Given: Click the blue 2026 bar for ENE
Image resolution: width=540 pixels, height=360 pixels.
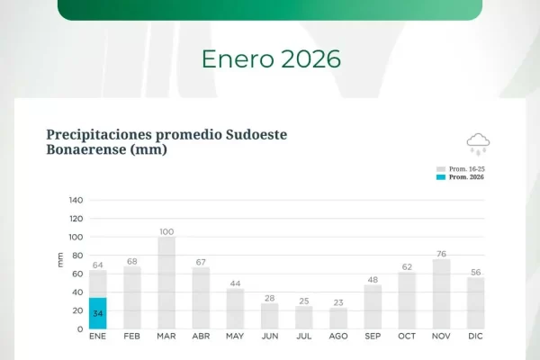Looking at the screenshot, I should click(x=97, y=313).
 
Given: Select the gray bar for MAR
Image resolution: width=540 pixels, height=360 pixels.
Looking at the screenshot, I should click(x=166, y=283).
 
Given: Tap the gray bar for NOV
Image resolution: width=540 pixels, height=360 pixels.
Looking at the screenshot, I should click(x=442, y=294).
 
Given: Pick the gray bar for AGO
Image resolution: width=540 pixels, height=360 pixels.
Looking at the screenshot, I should click(x=338, y=319).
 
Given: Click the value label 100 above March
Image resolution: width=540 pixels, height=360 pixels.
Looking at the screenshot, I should click(x=166, y=231).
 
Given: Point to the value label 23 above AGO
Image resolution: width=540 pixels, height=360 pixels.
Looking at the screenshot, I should click(x=338, y=302).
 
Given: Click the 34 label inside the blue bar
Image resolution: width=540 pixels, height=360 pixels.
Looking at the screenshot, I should click(x=97, y=313).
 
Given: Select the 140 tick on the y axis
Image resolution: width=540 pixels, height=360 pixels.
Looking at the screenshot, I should click(x=76, y=200).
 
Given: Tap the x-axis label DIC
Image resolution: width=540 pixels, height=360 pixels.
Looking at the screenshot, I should click(x=476, y=337).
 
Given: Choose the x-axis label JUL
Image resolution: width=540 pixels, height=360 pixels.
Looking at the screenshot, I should click(x=304, y=337).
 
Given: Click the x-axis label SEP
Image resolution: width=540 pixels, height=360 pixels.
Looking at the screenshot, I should click(x=373, y=337).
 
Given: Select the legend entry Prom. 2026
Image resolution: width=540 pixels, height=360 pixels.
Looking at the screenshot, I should click(x=465, y=177).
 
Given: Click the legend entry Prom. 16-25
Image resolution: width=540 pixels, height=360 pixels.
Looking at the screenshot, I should click(x=465, y=169).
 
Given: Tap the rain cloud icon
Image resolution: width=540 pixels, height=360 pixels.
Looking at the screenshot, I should click(x=478, y=143).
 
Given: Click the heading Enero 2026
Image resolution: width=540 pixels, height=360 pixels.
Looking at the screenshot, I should click(x=271, y=59).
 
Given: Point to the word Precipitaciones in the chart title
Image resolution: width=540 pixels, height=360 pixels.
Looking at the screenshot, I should click(x=104, y=134).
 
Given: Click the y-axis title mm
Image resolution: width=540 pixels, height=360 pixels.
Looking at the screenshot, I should click(x=60, y=260).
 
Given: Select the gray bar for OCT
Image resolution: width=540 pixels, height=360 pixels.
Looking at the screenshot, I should click(x=408, y=301).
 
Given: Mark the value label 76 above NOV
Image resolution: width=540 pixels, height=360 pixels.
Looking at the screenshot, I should click(x=442, y=253).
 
